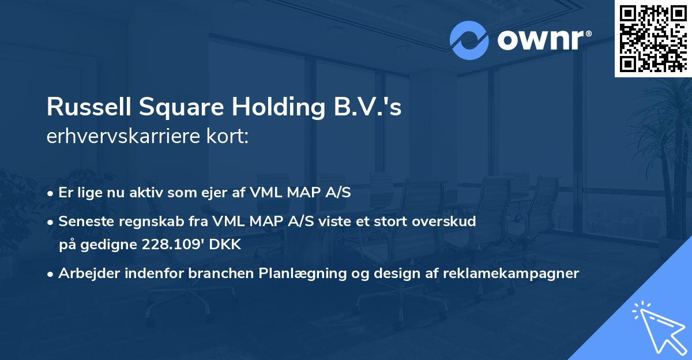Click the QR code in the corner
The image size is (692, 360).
pyautogui.click(x=653, y=39)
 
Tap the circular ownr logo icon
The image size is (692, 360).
pyautogui.click(x=469, y=40)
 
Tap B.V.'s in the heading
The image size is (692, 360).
pyautogui.click(x=367, y=108)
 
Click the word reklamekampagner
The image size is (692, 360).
pyautogui.click(x=510, y=273)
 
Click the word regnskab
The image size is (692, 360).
pyautogui.click(x=140, y=220)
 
